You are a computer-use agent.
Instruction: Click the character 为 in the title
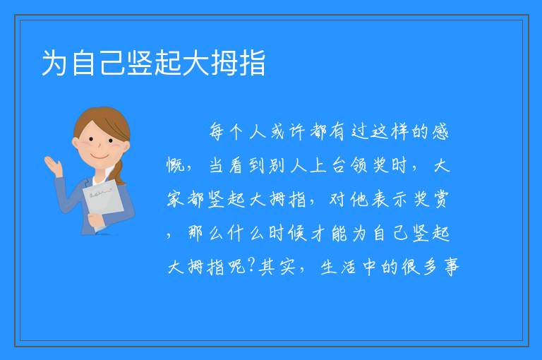54,63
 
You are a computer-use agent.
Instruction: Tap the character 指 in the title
253,63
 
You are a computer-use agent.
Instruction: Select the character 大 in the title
196,63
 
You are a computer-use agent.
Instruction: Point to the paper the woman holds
102,203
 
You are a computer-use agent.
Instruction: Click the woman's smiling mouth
100,157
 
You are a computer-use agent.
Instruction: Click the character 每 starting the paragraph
217,132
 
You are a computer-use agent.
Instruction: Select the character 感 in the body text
440,132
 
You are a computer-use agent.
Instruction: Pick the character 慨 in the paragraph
176,165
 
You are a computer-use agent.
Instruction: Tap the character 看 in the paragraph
236,165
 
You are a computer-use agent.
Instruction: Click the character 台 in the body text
339,165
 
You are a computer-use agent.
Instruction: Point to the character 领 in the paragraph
359,165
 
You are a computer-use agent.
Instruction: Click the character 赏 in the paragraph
440,199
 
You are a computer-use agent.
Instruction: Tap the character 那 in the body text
195,233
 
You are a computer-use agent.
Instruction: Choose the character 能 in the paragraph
339,233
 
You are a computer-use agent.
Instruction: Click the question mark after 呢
251,265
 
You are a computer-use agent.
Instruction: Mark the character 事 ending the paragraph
452,267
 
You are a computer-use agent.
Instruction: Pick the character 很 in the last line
410,267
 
